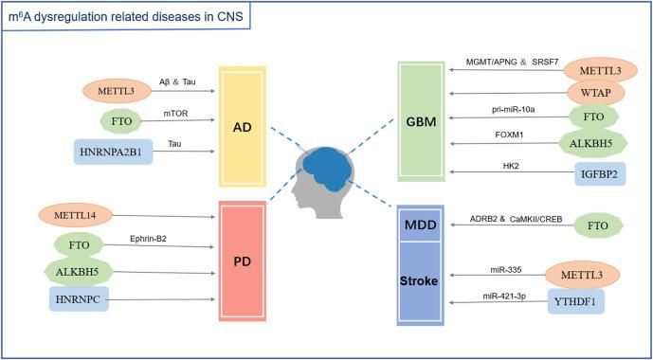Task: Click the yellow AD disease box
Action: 242,127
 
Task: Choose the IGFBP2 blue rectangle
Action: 598,173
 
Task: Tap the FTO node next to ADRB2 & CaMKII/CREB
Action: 597,225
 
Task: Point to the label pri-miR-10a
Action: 515,110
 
